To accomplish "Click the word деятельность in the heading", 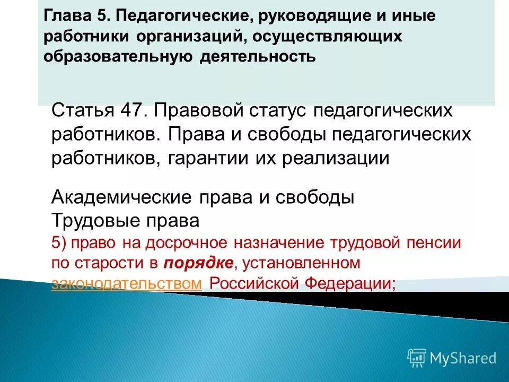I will tap(258, 56).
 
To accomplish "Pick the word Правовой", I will tap(196, 112).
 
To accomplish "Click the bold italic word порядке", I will tap(197, 263).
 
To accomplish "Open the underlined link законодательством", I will tap(126, 283).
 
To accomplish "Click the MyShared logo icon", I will tap(417, 358).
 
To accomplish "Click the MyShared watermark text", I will tap(463, 358).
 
